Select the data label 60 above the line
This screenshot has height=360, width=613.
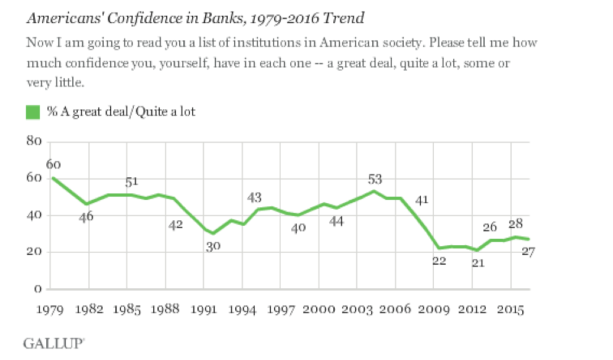tap(54, 164)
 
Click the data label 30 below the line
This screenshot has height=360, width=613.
tap(213, 246)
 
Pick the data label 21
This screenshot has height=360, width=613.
tap(478, 263)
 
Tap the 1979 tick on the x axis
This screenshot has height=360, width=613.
tap(51, 309)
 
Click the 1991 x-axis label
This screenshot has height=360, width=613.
tap(204, 309)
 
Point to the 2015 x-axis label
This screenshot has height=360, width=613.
tap(511, 309)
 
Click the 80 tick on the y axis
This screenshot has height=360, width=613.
tap(34, 142)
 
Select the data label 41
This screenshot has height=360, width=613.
tap(421, 200)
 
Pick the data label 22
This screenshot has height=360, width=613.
tap(439, 261)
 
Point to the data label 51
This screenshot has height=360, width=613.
tap(132, 182)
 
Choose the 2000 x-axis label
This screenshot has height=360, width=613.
tap(319, 309)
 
